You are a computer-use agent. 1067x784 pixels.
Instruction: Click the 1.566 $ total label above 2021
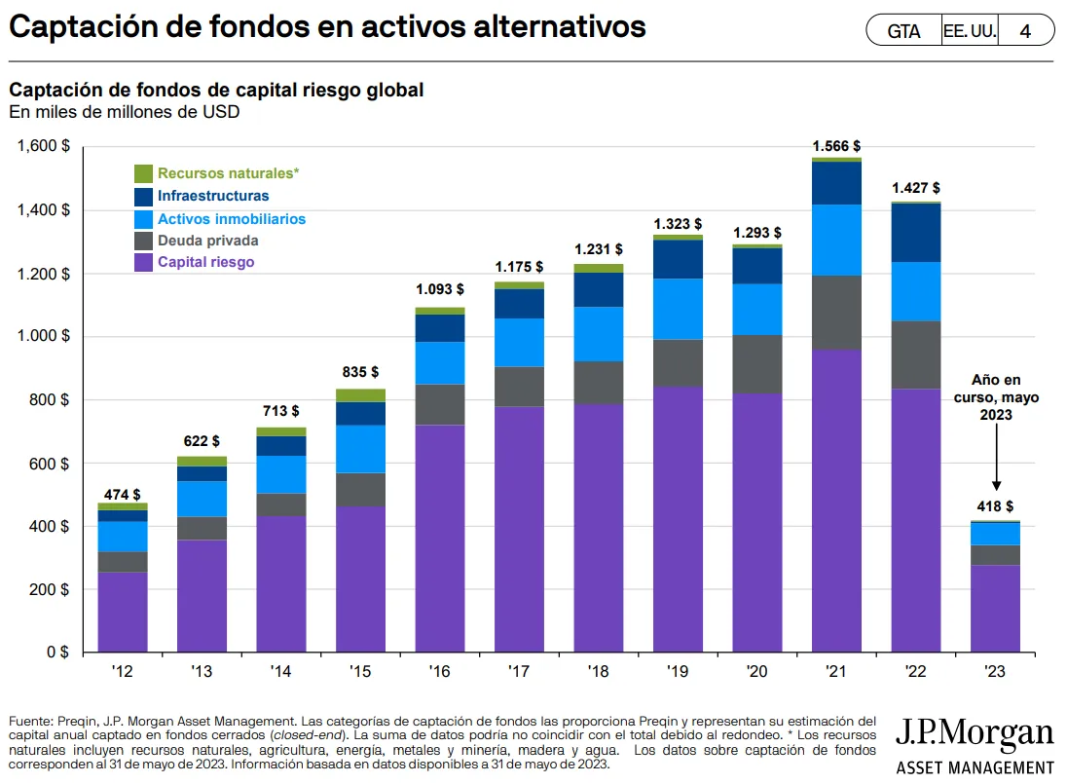836,145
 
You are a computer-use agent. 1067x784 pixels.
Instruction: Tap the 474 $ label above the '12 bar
123,495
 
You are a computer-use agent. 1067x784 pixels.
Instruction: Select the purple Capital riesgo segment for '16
440,538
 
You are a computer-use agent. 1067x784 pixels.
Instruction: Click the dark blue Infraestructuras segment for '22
916,233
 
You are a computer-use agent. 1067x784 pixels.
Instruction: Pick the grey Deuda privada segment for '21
836,313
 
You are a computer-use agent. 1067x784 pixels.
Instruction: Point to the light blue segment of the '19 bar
679,309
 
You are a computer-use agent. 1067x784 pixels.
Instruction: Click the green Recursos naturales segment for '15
360,395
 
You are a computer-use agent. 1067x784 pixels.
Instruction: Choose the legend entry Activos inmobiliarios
232,219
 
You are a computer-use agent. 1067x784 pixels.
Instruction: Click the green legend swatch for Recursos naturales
143,173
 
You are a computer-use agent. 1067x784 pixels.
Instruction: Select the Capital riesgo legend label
206,262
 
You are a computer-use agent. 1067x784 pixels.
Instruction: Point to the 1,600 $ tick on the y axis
44,147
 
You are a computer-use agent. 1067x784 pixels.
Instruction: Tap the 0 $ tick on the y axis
56,653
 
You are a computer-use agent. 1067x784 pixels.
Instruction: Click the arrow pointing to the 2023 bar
995,467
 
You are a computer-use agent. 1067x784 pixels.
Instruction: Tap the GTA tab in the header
903,31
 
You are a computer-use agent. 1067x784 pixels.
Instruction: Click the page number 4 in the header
1025,31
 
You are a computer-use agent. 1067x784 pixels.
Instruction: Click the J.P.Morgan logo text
974,734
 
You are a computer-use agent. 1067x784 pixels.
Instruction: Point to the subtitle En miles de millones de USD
124,112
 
